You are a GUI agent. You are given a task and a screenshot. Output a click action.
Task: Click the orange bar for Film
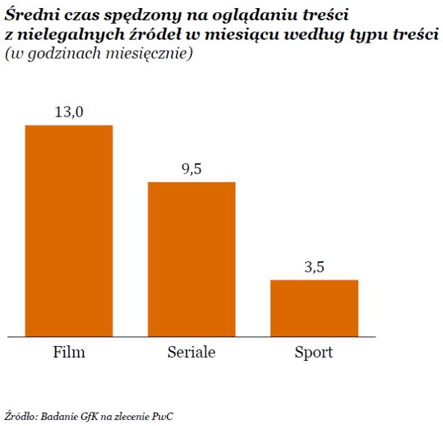[68, 230]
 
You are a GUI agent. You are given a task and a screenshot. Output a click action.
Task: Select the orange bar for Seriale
[191, 259]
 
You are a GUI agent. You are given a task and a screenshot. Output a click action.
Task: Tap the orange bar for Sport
[314, 307]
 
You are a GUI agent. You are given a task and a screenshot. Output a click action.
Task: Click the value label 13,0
[68, 112]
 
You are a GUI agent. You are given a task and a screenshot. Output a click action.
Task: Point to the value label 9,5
[191, 169]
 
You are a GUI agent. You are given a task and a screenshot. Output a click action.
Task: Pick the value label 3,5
[314, 267]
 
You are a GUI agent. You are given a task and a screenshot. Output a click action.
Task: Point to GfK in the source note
[90, 414]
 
